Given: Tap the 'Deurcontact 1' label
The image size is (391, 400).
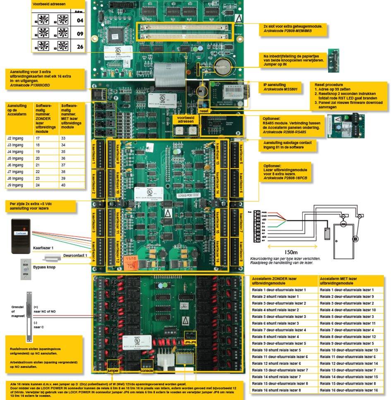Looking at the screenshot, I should click(x=75, y=256).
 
